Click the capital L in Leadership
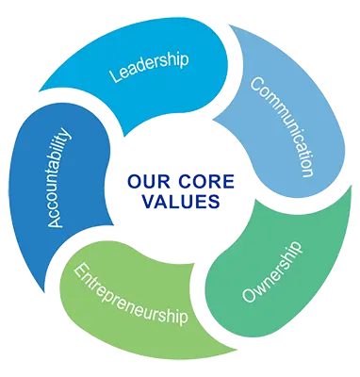coord(114,79)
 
